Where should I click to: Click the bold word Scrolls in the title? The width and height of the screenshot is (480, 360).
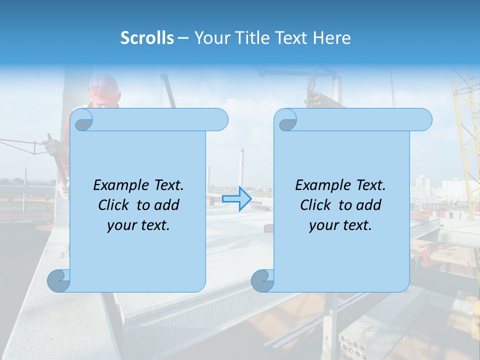click(x=147, y=38)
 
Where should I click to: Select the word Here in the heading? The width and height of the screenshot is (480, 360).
click(x=331, y=38)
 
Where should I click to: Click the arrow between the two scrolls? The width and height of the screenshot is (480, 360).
click(x=236, y=199)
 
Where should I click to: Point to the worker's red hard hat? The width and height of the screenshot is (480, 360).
click(x=104, y=89)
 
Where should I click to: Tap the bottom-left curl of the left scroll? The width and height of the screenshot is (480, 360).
click(x=58, y=280)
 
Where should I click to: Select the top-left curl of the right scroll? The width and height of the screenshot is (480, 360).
click(x=287, y=120)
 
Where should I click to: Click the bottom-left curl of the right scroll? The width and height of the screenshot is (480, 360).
click(x=262, y=280)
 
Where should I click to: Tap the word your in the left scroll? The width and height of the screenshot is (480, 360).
click(x=121, y=225)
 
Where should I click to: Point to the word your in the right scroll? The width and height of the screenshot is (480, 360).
click(x=323, y=225)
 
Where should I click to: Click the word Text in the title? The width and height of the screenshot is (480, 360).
click(x=291, y=38)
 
